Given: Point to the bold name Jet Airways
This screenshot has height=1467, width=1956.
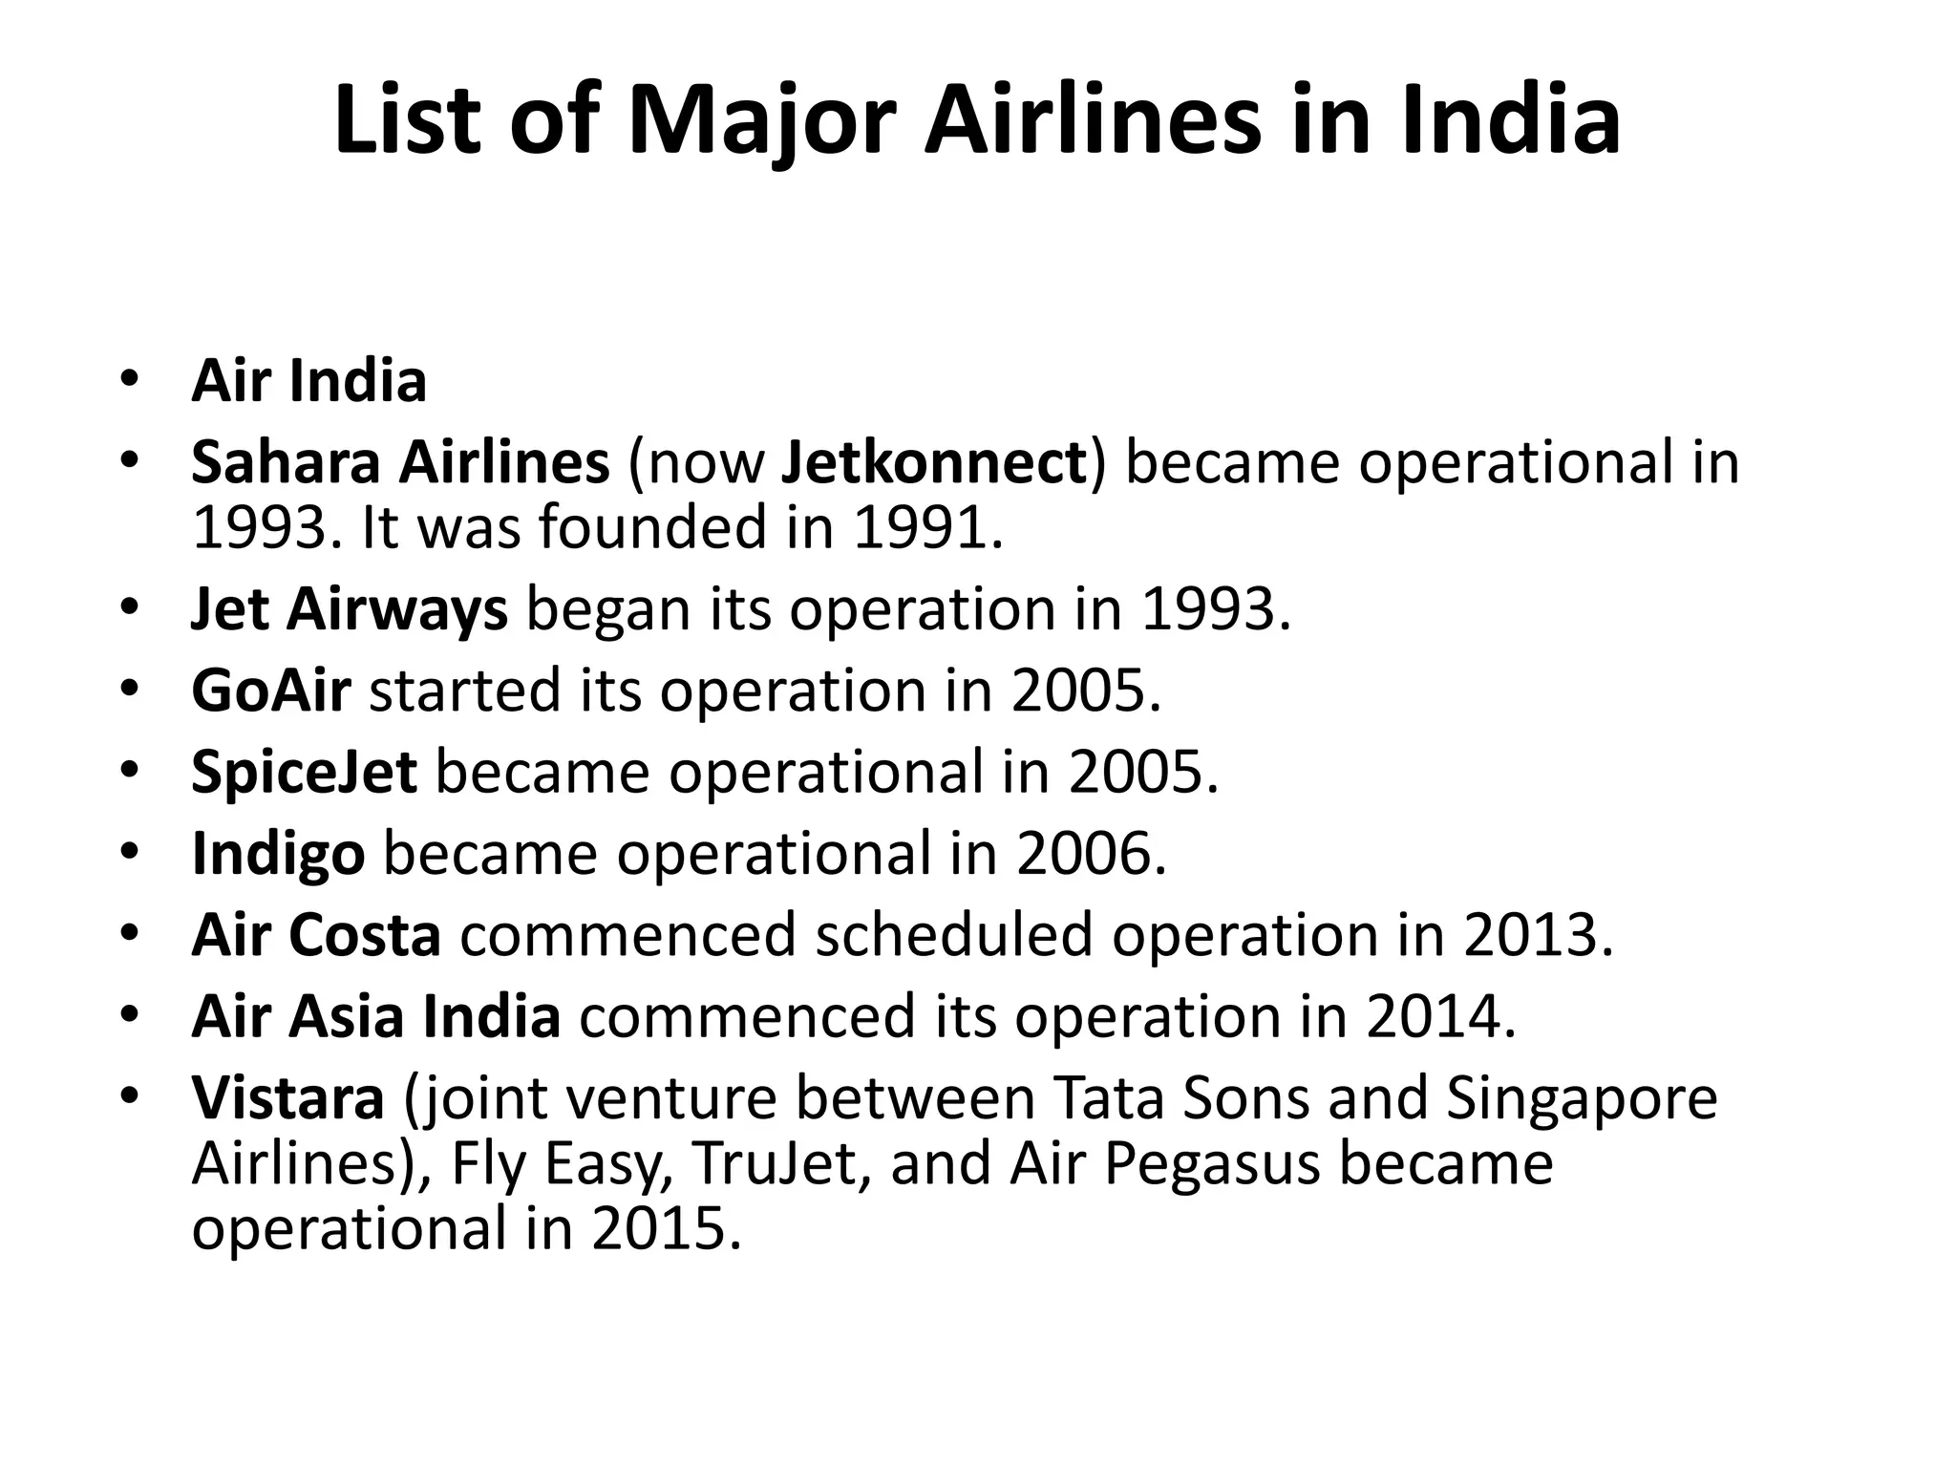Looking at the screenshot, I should pyautogui.click(x=350, y=609).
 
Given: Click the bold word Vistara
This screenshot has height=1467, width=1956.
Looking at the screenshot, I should pyautogui.click(x=287, y=1097).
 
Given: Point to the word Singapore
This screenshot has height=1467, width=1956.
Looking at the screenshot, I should pyautogui.click(x=1582, y=1099).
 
